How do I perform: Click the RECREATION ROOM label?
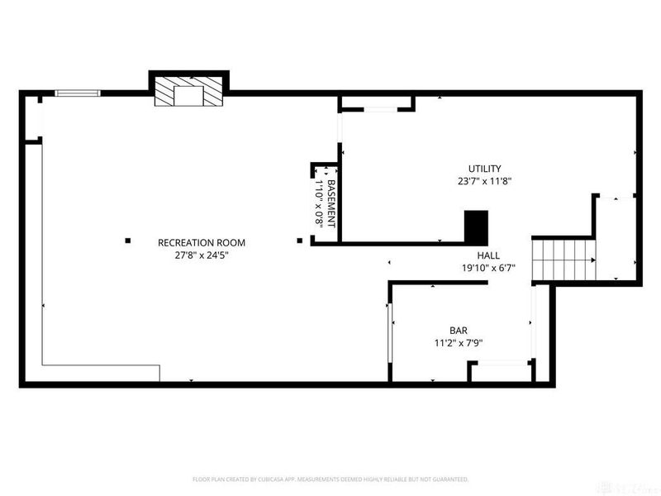pos(202,242)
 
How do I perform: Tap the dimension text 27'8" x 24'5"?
pos(202,255)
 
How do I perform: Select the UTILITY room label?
pos(485,169)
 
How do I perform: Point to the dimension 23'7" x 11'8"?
pos(485,181)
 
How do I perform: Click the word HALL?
pos(488,255)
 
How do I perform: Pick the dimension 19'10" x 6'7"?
pos(488,268)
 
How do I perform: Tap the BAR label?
pos(459,328)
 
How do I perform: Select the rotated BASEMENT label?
pos(332,203)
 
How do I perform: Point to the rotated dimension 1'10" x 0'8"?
pos(320,203)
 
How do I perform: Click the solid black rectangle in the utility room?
pos(476,225)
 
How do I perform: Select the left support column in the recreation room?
pos(128,241)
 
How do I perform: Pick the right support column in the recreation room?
pos(299,241)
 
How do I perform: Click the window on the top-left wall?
pos(77,93)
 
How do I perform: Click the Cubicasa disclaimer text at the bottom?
pos(330,479)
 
